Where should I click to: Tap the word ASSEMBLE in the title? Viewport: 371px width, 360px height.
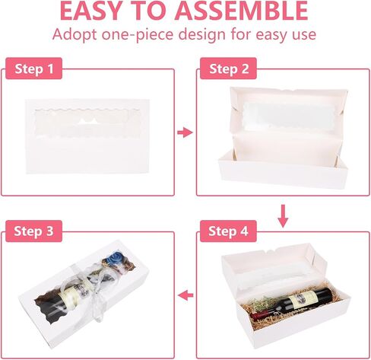pos(242,11)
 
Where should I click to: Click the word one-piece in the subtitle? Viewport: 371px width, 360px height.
pos(137,34)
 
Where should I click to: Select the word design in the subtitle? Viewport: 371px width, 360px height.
pos(202,34)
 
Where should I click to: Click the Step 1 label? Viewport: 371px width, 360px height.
pos(34,68)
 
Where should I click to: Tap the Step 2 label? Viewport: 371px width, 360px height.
pos(229,68)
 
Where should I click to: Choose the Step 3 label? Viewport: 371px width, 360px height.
pos(34,231)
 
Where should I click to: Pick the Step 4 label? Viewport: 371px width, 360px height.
pos(228,231)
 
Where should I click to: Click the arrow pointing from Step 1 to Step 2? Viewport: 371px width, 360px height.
pos(185,132)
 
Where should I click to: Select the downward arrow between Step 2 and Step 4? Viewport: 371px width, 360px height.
pos(283,216)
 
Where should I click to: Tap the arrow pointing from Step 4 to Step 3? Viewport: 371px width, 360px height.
pos(185,295)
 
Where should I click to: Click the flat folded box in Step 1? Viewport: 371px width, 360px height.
pos(87,136)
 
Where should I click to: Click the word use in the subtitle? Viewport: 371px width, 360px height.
pos(304,35)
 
